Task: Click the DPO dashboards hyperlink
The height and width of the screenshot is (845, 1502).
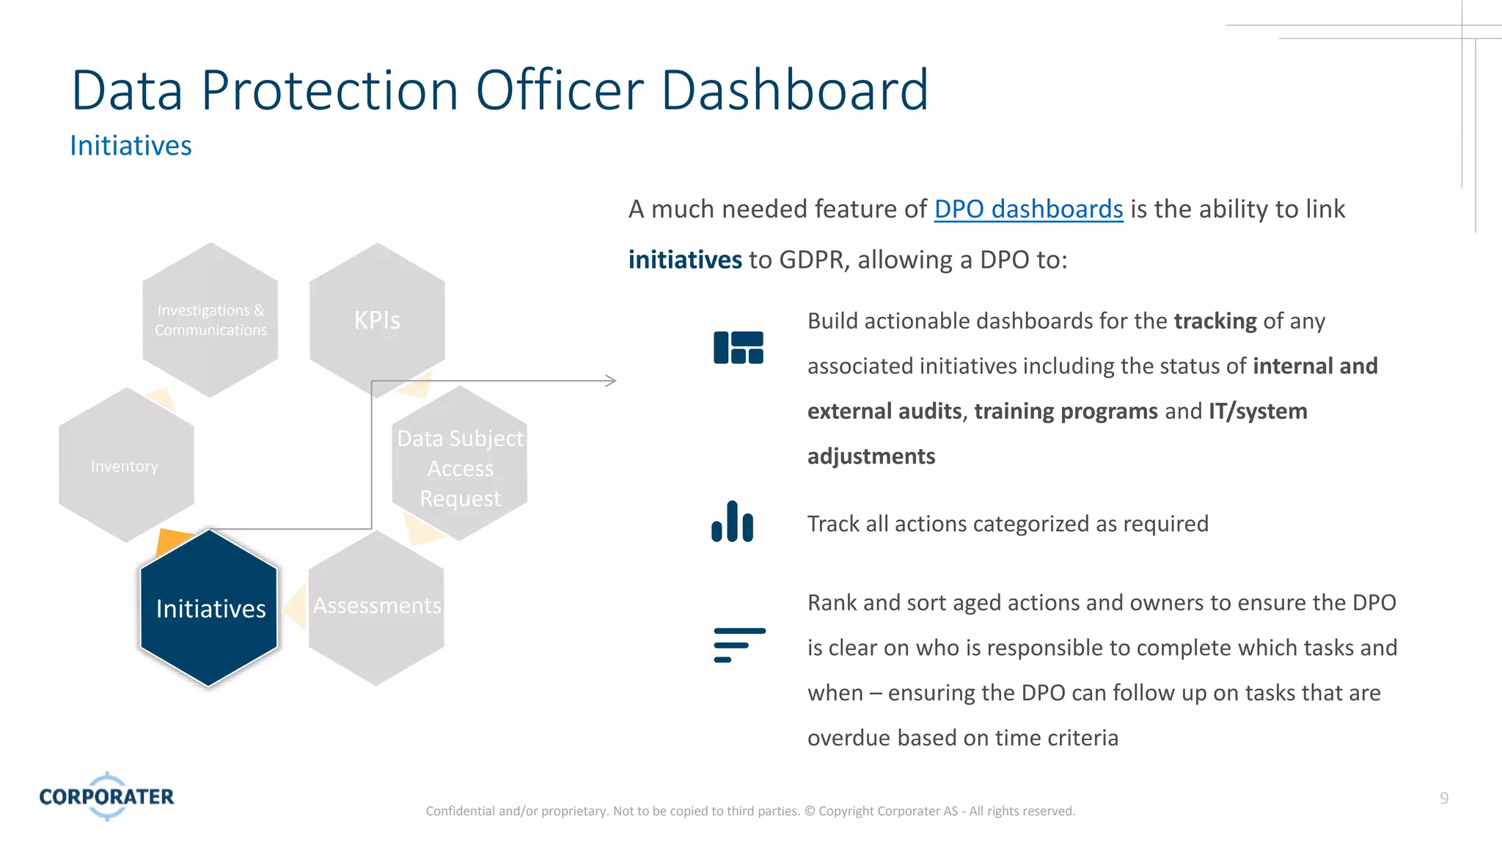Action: tap(1028, 210)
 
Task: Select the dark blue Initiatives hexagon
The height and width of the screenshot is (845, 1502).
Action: tap(210, 608)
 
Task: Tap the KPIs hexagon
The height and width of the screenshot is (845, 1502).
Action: tap(377, 320)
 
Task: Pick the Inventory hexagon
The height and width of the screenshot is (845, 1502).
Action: tap(125, 466)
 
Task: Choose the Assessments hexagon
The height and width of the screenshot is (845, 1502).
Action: tap(376, 607)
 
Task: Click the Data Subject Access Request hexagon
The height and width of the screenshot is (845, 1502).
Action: tap(460, 467)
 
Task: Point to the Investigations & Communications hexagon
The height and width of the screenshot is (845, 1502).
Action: tap(210, 320)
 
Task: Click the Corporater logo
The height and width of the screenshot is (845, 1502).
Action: tap(107, 796)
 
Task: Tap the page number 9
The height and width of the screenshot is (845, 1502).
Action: tap(1443, 798)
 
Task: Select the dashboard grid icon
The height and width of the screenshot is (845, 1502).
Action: tap(738, 348)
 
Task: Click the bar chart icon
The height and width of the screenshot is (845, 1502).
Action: tap(732, 522)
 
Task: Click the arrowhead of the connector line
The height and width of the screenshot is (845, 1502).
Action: tap(610, 381)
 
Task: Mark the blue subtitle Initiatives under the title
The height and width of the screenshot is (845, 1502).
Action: tap(131, 146)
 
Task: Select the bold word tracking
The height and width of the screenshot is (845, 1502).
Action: tap(1215, 321)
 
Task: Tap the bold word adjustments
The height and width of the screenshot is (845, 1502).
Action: tap(871, 456)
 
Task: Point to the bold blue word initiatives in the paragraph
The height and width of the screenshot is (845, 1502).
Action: tap(685, 260)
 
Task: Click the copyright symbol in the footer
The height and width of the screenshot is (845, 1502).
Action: tap(809, 811)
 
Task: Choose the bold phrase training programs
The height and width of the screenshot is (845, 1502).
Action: tap(1065, 411)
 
